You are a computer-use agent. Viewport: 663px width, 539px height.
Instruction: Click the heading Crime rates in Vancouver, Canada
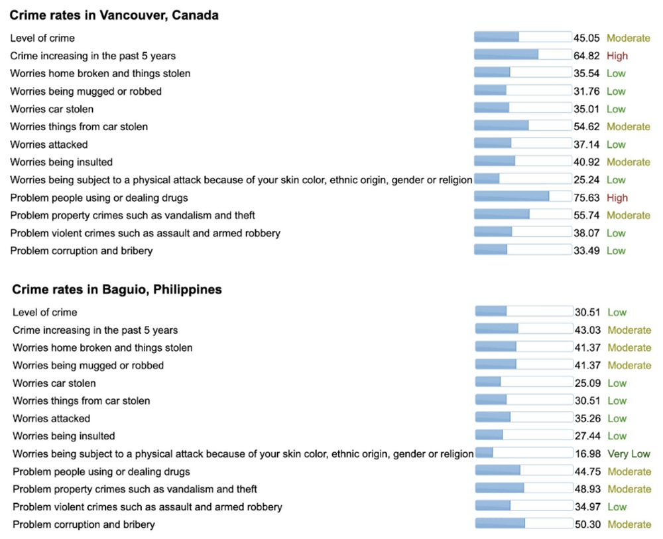point(114,15)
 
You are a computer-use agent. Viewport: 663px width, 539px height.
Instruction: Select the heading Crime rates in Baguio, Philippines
point(117,289)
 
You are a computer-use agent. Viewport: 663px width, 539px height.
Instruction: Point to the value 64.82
point(587,56)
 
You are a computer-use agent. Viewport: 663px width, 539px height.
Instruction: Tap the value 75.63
point(587,198)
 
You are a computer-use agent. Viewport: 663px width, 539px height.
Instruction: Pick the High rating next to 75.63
point(617,198)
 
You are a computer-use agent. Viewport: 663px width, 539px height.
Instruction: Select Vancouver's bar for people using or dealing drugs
point(522,197)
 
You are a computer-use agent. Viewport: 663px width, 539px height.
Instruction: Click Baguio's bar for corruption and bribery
point(524,524)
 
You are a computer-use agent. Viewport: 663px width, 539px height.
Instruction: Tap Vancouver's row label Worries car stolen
point(52,109)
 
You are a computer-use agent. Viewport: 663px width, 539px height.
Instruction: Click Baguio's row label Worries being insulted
point(64,436)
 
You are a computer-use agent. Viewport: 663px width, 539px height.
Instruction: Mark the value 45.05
point(587,38)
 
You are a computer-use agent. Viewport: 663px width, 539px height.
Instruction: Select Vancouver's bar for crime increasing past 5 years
point(522,55)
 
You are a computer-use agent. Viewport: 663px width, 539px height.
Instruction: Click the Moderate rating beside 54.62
point(629,127)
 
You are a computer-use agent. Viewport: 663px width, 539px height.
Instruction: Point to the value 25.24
point(587,180)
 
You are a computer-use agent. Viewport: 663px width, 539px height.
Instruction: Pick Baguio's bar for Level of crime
point(524,312)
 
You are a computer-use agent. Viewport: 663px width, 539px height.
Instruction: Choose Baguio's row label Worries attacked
point(51,418)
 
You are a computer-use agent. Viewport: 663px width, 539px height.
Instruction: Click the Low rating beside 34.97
point(617,507)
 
